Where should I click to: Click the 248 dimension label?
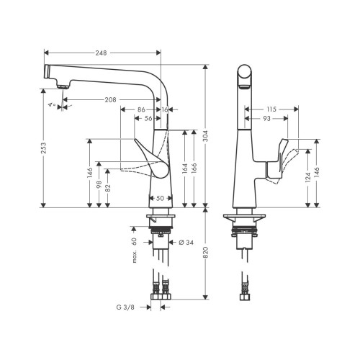tap(102, 53)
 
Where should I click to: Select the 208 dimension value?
tap(110, 99)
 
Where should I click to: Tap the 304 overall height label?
tap(206, 136)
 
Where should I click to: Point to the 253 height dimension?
tap(43, 148)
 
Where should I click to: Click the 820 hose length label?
tap(206, 252)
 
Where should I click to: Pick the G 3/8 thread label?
tap(125, 307)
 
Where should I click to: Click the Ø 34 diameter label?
tap(186, 243)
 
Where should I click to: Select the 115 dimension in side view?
tap(271, 109)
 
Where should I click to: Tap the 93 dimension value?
tap(266, 118)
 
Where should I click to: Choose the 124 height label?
tap(308, 177)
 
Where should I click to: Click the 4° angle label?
tap(52, 104)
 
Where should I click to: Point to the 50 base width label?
tap(160, 198)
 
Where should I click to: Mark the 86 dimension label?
tap(141, 109)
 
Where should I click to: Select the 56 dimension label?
tap(148, 118)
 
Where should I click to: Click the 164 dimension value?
tap(184, 168)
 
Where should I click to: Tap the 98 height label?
tap(99, 184)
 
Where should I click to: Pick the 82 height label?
tap(108, 188)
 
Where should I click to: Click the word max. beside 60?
tap(134, 256)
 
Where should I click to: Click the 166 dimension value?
tap(194, 168)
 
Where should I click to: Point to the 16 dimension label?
tap(165, 109)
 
